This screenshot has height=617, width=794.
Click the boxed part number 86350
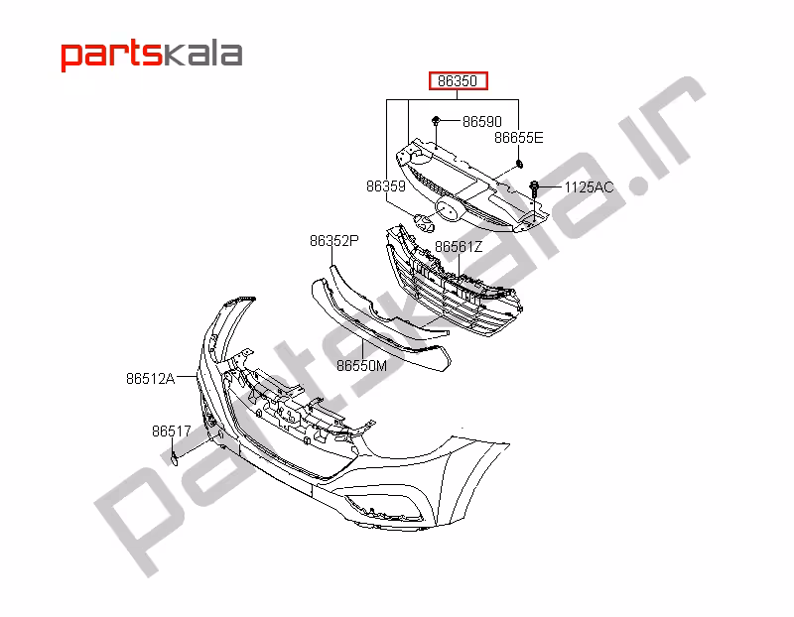pos(458,81)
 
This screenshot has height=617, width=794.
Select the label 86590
pos(482,121)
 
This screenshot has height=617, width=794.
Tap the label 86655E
pos(519,138)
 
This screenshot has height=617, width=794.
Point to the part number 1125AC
pos(590,186)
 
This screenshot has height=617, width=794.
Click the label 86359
pos(385,185)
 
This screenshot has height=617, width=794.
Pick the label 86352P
pos(333,240)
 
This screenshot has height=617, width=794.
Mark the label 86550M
pos(361,365)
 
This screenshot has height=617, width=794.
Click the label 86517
pos(171,432)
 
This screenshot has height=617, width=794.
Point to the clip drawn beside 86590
pos(437,121)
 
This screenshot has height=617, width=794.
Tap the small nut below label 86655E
pos(519,164)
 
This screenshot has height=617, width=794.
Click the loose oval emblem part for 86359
pos(423,222)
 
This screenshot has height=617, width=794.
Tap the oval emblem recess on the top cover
pos(447,209)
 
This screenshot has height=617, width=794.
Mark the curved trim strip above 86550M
pos(377,317)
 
